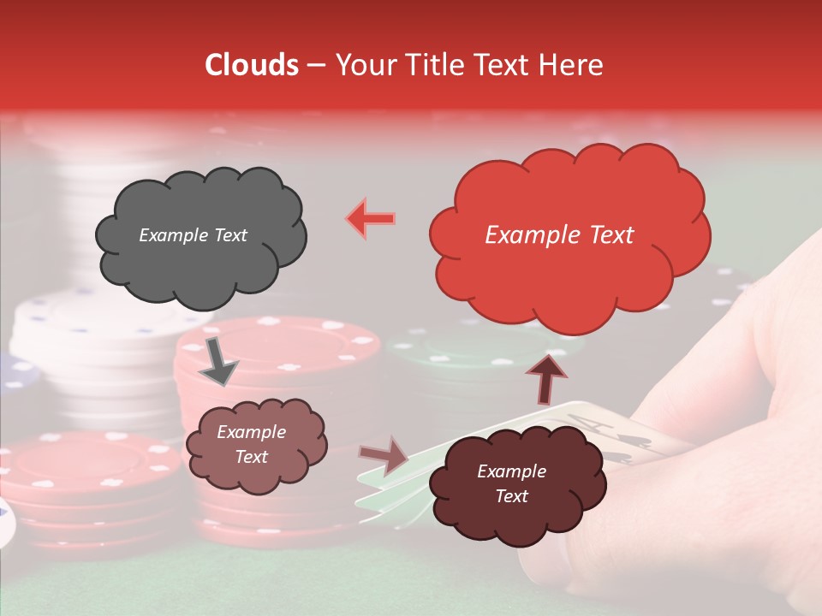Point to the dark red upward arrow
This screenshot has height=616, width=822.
(546, 379)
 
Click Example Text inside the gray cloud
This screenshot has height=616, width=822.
(193, 235)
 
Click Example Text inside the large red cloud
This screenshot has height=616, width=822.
(559, 235)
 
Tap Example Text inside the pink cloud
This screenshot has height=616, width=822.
(251, 445)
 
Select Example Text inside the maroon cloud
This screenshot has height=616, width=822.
(511, 483)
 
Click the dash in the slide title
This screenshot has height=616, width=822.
(315, 66)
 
